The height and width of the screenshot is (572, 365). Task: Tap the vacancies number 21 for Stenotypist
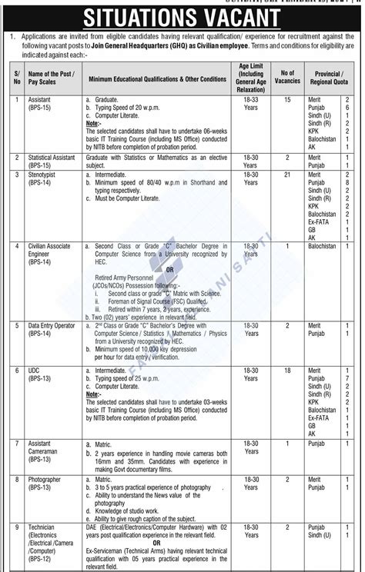coord(288,176)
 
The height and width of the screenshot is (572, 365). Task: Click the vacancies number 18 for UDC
coord(288,371)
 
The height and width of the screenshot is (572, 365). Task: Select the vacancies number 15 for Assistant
coord(288,100)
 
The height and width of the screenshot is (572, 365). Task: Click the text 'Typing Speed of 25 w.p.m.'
coord(131,378)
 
